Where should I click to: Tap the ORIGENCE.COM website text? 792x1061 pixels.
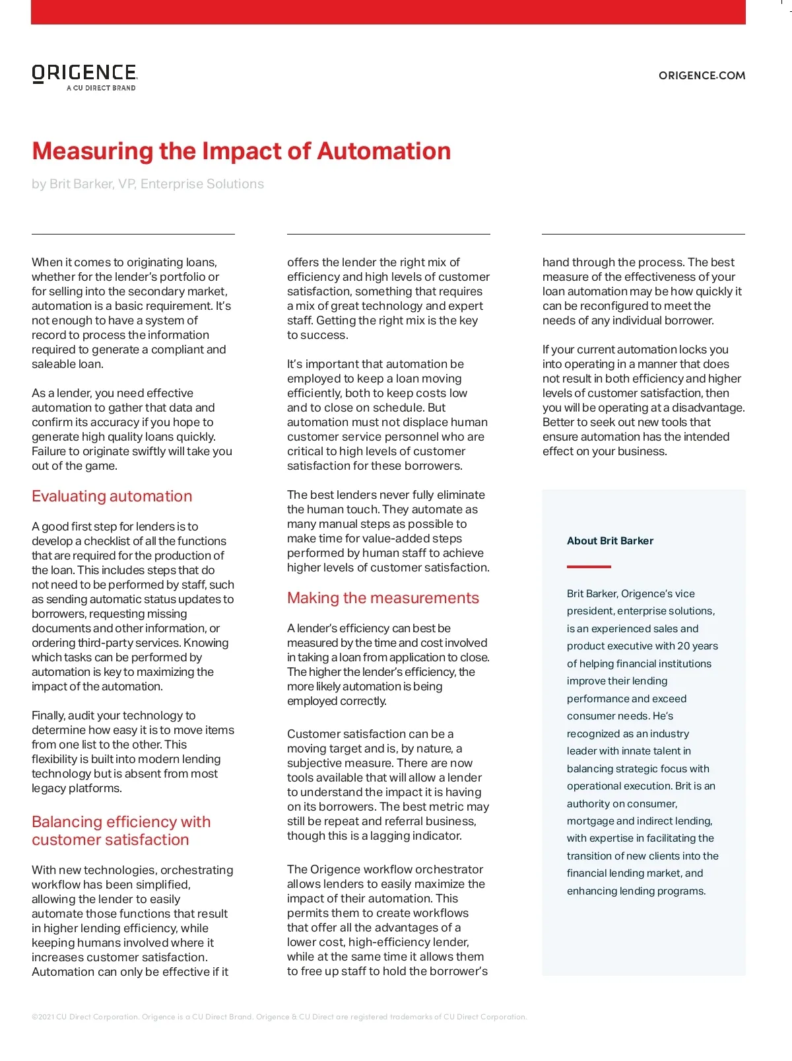point(702,76)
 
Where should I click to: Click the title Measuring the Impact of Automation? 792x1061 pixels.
point(242,151)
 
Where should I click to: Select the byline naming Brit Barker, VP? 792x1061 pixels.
point(148,184)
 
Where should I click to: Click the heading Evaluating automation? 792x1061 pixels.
point(112,497)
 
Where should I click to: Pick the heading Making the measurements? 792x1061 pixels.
point(383,599)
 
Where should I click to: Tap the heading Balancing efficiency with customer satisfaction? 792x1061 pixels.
point(121,831)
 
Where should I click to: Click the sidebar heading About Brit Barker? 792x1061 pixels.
point(610,541)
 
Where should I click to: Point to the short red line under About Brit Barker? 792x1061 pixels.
point(589,567)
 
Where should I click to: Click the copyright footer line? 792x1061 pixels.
point(279,1017)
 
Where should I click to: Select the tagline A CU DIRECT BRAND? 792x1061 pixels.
point(101,88)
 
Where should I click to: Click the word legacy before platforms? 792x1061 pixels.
point(48,789)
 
